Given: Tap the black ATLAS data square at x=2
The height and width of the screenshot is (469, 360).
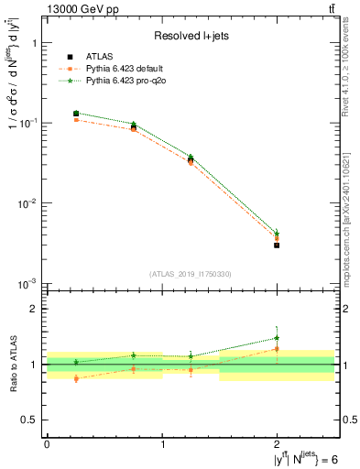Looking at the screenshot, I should [x=277, y=245].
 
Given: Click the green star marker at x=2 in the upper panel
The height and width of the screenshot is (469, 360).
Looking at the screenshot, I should [x=277, y=233].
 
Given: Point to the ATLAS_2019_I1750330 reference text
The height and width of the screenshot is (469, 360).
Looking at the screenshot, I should [x=191, y=274].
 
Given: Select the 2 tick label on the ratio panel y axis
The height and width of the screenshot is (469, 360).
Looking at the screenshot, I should [x=35, y=309].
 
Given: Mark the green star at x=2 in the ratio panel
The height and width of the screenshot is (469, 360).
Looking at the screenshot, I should [x=277, y=338].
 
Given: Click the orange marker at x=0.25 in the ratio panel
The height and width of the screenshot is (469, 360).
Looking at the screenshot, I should [x=75, y=378].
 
